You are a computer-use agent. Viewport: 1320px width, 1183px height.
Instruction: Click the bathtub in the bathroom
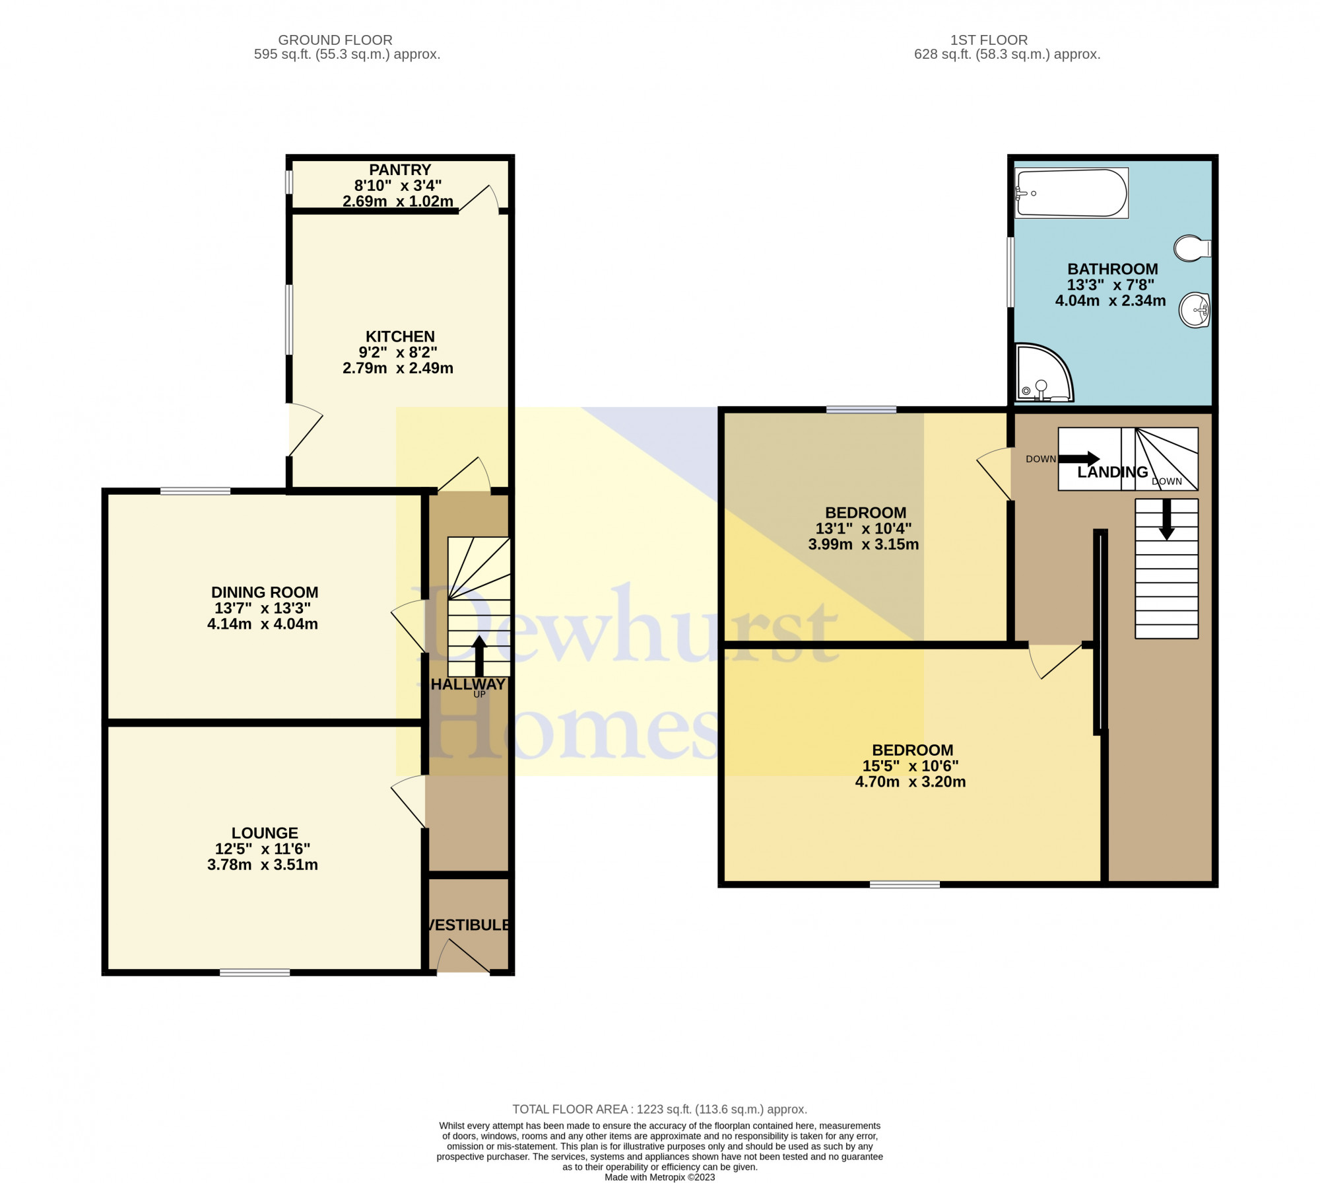[1072, 193]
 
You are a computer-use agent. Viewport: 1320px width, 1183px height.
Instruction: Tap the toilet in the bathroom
[1193, 248]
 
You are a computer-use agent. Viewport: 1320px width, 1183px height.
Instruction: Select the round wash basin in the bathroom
[1195, 310]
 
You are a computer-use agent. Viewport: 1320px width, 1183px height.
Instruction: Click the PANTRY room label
[400, 170]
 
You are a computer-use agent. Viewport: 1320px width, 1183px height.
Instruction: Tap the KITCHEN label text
[400, 336]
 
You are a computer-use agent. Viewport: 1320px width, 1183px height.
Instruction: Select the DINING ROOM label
[265, 592]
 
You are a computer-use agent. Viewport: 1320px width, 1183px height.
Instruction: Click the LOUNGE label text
[265, 833]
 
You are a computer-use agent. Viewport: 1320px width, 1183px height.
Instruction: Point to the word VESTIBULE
[468, 925]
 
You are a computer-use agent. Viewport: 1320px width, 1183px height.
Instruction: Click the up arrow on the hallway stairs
[479, 656]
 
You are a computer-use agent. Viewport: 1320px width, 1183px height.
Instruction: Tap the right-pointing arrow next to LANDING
[1079, 458]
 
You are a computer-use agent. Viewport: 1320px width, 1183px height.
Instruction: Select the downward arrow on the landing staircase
[1167, 519]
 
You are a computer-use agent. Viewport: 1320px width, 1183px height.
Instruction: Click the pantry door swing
[478, 197]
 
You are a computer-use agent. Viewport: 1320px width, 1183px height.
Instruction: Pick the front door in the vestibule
[463, 956]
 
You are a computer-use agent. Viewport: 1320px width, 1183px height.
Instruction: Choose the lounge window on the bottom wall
[255, 972]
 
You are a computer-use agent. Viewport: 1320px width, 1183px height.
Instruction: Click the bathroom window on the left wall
[1010, 272]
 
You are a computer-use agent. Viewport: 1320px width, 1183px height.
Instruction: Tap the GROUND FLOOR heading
[335, 40]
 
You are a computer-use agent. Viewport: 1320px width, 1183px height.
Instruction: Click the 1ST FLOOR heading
[989, 40]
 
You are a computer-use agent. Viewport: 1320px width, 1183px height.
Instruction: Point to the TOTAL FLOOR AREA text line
[660, 1110]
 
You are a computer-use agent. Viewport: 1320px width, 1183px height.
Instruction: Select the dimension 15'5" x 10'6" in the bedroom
[911, 766]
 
